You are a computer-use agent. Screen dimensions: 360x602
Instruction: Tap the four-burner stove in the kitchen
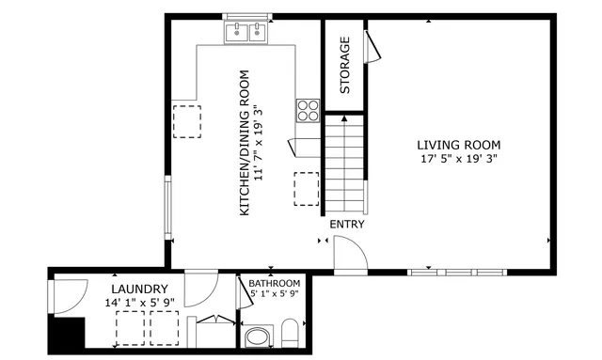(x=308, y=110)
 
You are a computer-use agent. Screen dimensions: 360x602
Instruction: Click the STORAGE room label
(x=345, y=65)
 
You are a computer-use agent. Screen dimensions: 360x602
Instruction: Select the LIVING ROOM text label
(x=458, y=145)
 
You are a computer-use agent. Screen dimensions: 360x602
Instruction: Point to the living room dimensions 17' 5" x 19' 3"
(x=458, y=159)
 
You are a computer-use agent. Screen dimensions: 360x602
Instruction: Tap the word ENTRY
(x=346, y=225)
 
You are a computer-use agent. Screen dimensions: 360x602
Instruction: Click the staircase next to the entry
(x=345, y=164)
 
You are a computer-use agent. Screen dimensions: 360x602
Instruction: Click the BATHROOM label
(x=274, y=283)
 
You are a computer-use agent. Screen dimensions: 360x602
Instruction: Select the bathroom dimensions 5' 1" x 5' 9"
(x=274, y=294)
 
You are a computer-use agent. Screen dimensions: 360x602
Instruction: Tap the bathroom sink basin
(x=256, y=337)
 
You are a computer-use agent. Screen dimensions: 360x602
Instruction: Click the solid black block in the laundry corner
(x=68, y=334)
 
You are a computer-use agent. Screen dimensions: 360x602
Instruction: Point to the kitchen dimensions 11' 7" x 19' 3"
(x=261, y=143)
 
